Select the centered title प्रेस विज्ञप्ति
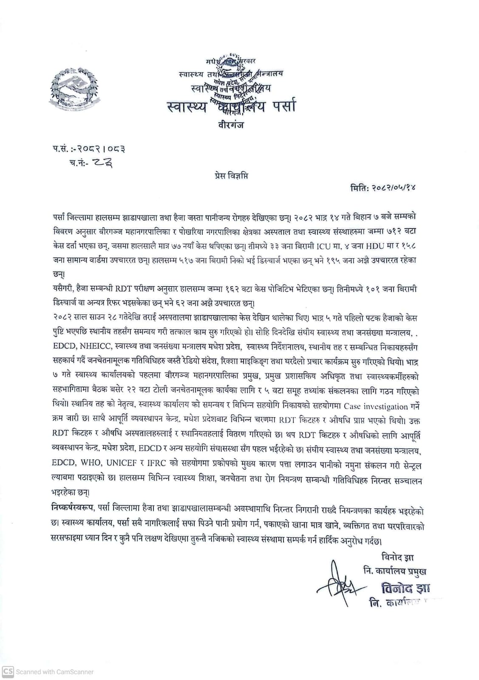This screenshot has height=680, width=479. (231, 176)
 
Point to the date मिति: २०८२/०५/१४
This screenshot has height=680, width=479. (382, 188)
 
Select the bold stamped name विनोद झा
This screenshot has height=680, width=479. (405, 589)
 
